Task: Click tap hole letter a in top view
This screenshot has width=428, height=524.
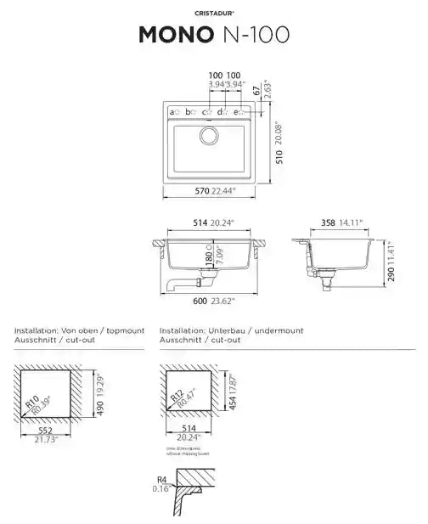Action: point(172,112)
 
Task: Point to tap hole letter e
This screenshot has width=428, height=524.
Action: point(237,112)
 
